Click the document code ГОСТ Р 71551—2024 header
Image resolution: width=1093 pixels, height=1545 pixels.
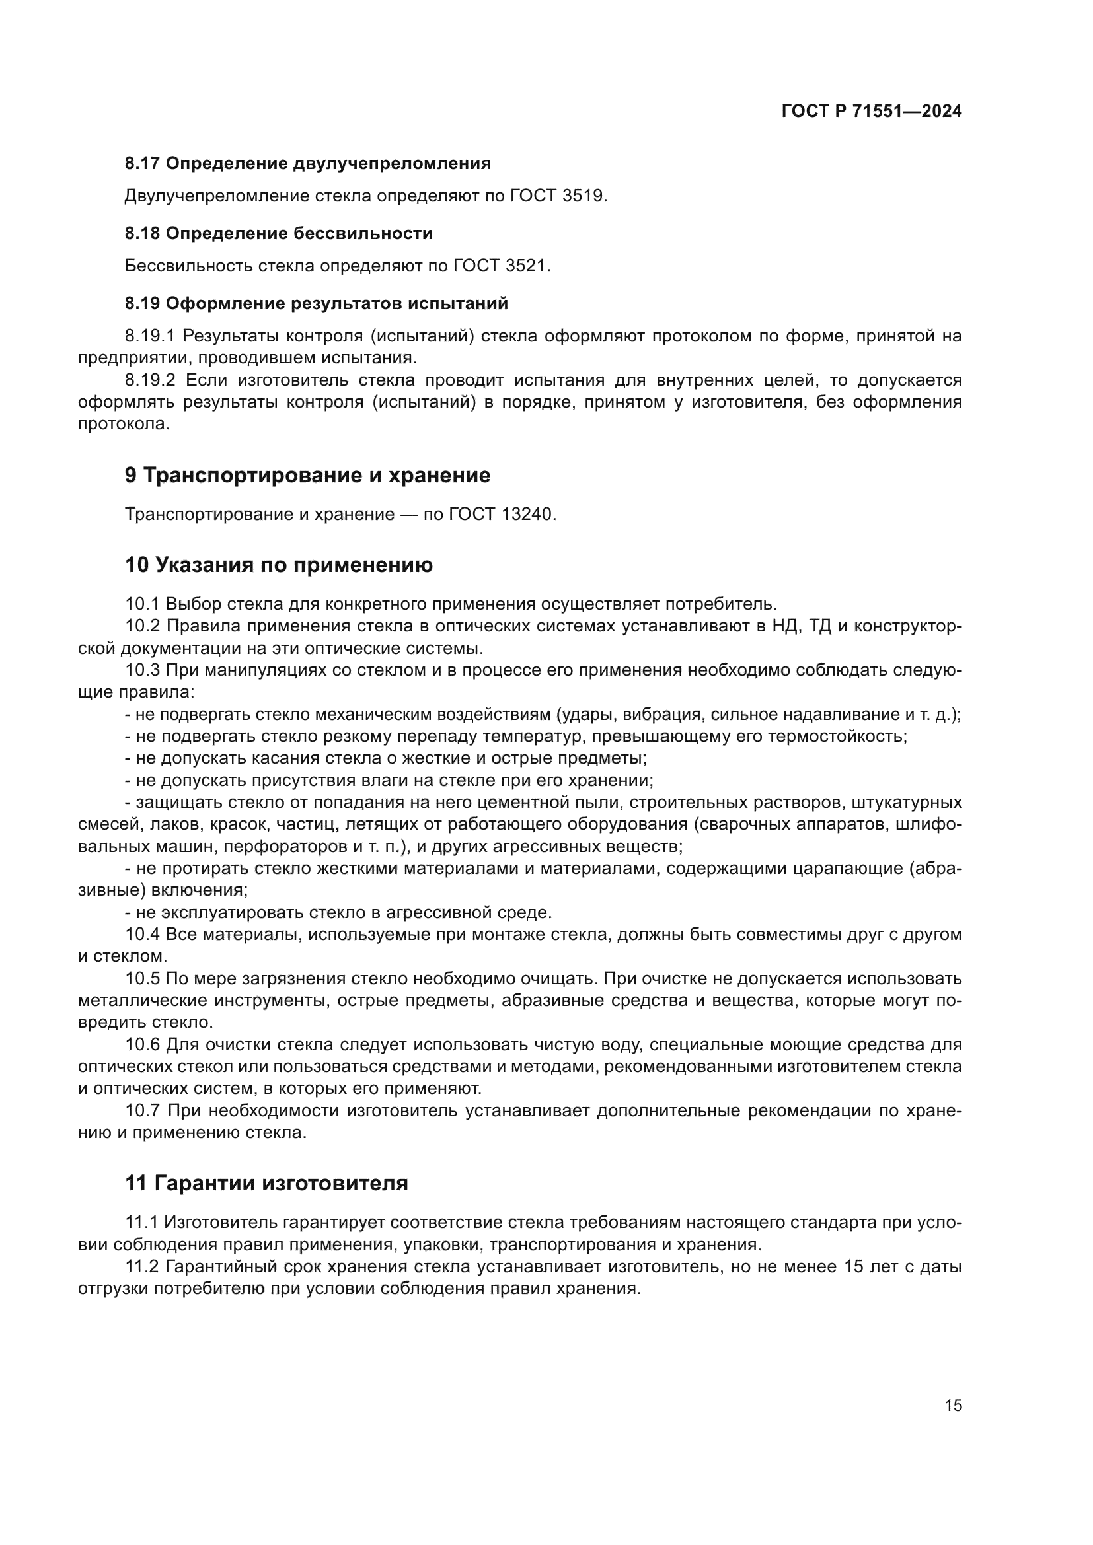click(x=871, y=112)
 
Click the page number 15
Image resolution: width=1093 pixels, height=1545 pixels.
click(x=953, y=1405)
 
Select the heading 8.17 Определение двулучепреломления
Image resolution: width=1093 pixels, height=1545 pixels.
click(x=307, y=164)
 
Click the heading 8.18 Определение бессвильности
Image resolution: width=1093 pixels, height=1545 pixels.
click(x=279, y=233)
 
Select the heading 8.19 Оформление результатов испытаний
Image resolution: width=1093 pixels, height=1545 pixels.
click(x=317, y=303)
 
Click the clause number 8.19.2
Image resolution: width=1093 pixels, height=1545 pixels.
click(x=149, y=380)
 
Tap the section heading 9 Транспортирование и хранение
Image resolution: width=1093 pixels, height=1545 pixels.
click(x=307, y=475)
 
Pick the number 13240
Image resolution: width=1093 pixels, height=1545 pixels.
click(x=527, y=514)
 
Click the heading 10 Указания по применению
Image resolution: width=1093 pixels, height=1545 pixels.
click(x=279, y=565)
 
